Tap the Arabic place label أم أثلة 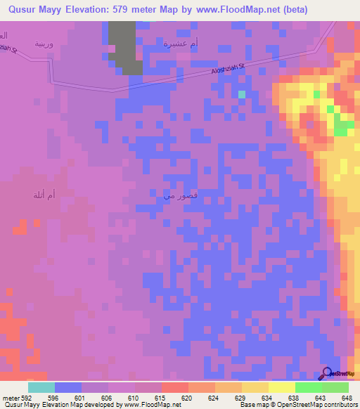tap(45, 195)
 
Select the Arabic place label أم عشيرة tap(181, 43)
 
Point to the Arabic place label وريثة tap(44, 43)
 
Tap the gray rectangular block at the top tap(124, 46)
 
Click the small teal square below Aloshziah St tap(242, 93)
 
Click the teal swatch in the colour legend tap(41, 387)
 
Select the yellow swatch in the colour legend tap(282, 387)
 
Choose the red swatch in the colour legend tap(175, 387)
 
